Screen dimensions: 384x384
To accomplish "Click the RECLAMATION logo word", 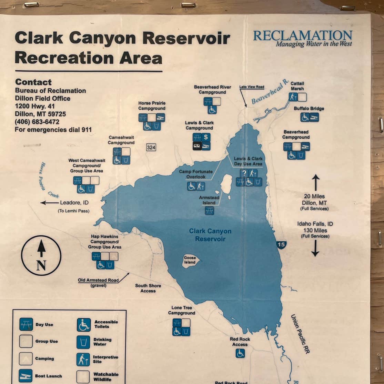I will pos(303,35).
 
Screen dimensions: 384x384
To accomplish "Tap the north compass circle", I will pos(41,255).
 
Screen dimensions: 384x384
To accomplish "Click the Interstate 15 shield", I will pos(281,245).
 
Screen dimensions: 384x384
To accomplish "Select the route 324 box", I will pos(151,148).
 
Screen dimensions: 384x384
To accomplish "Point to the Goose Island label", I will pos(190,260).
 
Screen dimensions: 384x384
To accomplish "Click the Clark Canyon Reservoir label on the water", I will pos(210,235).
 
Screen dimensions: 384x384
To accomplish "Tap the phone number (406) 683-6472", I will pos(37,122).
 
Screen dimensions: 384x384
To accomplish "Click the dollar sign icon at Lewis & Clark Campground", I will pos(206,137).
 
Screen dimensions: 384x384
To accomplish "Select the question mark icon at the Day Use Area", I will pos(244,173).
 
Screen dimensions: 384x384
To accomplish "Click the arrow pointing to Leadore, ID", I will pos(49,203).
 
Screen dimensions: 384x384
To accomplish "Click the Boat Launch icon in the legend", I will pos(26,375).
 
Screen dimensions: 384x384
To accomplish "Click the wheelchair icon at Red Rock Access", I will pos(240,353).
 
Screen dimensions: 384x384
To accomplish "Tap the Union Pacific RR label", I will pos(300,334).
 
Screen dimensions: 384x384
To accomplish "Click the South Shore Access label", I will pos(148,288).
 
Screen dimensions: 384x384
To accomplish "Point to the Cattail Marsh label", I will pos(297,86).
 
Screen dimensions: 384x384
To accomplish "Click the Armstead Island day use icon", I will pos(209,211).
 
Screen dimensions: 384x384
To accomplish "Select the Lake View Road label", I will pos(252,87).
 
